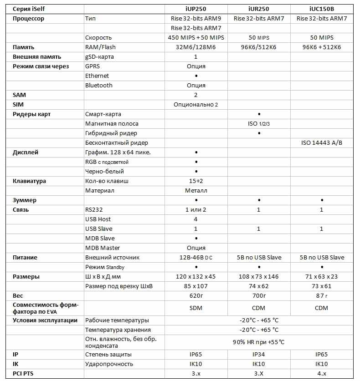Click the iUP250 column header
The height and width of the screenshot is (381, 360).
[196, 9]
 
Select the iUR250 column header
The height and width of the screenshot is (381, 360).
[258, 9]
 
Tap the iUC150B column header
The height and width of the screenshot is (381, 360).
[322, 9]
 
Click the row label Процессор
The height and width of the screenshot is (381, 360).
[28, 19]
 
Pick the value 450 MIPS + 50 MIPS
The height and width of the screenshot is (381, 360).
[196, 38]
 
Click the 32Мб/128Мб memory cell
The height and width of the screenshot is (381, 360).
[196, 47]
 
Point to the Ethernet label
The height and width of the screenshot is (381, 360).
[97, 76]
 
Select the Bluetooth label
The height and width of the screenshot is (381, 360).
[99, 86]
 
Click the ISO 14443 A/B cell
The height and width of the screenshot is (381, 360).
[322, 143]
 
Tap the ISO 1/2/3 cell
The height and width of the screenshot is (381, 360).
[258, 124]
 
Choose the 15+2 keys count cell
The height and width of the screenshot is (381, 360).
[196, 181]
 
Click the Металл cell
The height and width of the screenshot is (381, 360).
[196, 191]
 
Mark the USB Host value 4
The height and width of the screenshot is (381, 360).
[196, 219]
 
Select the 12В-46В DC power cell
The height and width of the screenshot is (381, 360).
[196, 258]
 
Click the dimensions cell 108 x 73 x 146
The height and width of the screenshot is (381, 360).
[258, 277]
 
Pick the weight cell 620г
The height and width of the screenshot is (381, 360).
[196, 296]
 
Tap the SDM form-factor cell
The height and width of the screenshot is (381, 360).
[196, 308]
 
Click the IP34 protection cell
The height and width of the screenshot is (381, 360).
[258, 355]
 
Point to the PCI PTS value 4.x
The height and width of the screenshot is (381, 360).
[322, 374]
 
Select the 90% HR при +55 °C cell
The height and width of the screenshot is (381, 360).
[258, 342]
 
